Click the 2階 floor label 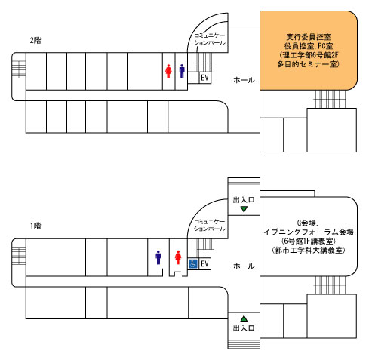click(35, 40)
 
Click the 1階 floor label click(35, 226)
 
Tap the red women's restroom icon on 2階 click(168, 72)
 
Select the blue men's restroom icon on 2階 click(182, 72)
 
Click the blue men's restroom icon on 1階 click(158, 257)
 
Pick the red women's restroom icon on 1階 click(178, 257)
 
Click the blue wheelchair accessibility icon click(193, 264)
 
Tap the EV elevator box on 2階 click(205, 78)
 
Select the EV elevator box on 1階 click(204, 264)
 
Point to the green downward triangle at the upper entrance click(244, 209)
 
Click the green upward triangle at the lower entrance click(244, 318)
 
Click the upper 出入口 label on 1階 click(244, 200)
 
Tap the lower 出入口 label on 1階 click(244, 328)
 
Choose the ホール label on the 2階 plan click(244, 80)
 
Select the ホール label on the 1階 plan click(244, 266)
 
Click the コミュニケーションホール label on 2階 click(210, 39)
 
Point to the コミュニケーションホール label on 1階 click(210, 225)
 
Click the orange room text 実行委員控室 click(309, 37)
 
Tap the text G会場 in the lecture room click(307, 223)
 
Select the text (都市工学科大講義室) click(309, 251)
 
